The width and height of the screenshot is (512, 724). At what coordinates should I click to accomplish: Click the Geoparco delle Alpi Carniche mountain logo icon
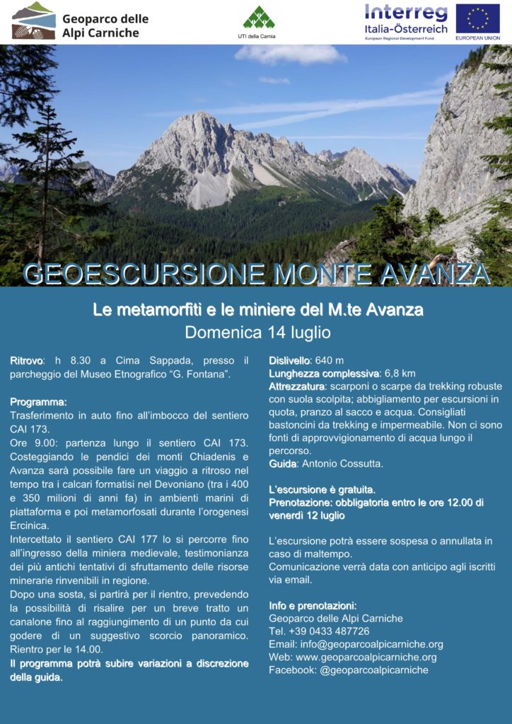33,21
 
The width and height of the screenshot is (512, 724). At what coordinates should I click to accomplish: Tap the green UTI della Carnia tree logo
258,17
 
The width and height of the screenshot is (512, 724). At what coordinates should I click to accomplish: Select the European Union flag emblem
477,19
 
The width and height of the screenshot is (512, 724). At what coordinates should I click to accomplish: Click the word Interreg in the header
406,13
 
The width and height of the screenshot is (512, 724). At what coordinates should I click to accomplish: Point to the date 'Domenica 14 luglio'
257,332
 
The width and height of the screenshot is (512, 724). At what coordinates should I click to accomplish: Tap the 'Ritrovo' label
27,361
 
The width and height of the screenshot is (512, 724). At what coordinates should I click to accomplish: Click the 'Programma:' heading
38,402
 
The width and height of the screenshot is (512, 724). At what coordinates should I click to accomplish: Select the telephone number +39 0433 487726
329,631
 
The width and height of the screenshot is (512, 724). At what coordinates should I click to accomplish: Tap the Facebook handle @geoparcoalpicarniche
373,670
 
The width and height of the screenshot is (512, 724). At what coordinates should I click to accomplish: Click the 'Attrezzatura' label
297,387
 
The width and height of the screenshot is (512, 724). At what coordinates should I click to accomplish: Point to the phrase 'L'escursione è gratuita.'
322,489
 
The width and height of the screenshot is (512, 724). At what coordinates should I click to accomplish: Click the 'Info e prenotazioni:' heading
313,605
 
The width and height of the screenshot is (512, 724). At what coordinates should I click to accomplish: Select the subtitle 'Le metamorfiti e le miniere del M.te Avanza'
257,310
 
